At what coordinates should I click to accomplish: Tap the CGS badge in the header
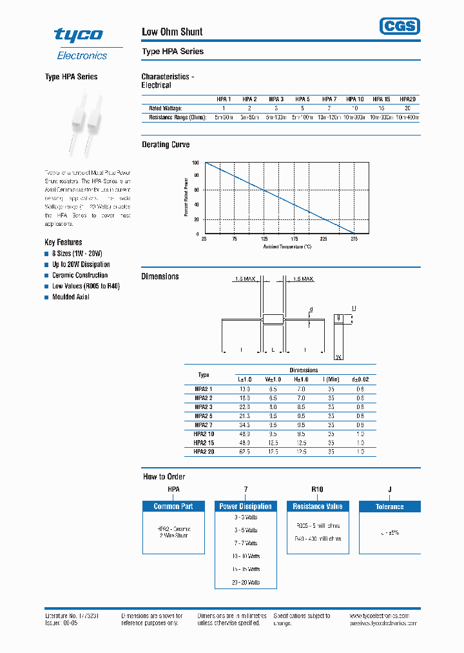click(399, 26)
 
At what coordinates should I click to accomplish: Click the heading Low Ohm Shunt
click(171, 32)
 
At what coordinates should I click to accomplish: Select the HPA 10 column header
click(355, 99)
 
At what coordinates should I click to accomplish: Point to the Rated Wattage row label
click(166, 108)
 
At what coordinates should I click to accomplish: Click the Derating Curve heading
click(166, 145)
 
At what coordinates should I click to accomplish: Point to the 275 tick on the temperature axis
click(353, 239)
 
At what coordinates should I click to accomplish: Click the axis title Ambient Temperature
click(287, 246)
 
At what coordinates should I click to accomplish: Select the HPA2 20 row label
click(204, 452)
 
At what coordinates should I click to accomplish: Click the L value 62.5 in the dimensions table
click(244, 452)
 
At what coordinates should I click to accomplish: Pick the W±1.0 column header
click(273, 379)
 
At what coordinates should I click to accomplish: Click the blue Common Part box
click(173, 507)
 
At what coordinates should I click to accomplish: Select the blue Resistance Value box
click(317, 507)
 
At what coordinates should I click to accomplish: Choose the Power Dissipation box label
click(246, 507)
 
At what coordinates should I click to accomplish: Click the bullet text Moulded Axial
click(71, 297)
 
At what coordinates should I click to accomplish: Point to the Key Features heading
click(63, 242)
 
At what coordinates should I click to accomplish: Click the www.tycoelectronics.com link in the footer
click(385, 616)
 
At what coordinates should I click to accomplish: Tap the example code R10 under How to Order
click(317, 490)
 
